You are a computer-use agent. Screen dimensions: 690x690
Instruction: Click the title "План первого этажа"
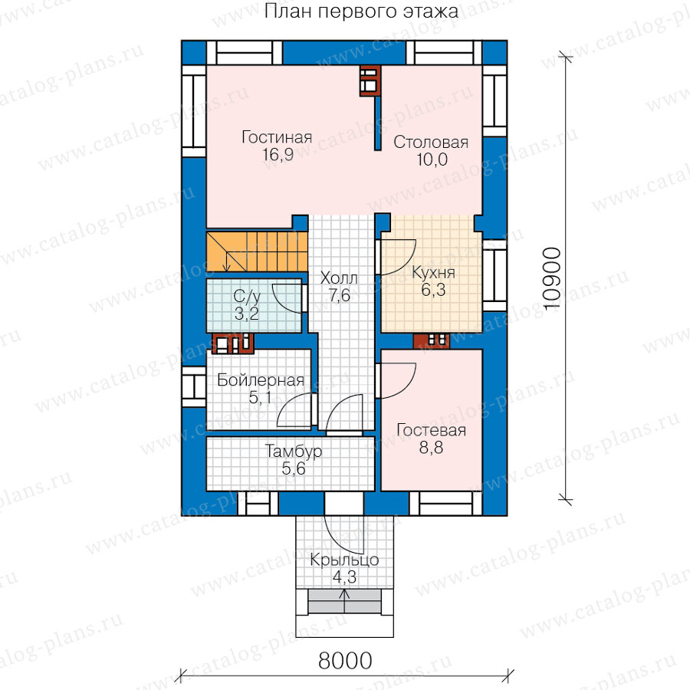[361, 11]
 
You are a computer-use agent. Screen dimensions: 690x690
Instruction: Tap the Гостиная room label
[277, 137]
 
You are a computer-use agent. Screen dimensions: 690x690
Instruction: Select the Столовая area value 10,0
[432, 159]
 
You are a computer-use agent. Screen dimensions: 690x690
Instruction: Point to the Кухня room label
[433, 272]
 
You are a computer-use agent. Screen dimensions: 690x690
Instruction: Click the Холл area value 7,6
[340, 295]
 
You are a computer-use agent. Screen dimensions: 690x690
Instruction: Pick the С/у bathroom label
[247, 297]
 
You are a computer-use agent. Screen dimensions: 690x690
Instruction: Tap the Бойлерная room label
[261, 379]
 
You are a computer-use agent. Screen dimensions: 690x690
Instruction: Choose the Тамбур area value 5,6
[294, 468]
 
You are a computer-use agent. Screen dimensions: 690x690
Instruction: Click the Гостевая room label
[431, 430]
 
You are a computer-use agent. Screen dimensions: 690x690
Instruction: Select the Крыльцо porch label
[344, 560]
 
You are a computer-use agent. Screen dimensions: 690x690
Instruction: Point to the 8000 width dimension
[345, 661]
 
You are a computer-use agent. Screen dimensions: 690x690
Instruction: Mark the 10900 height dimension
[552, 279]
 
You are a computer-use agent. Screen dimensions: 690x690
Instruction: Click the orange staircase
[257, 251]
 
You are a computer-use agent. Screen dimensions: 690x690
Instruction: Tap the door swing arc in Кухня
[407, 262]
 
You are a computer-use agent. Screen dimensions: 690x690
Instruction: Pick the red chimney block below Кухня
[431, 341]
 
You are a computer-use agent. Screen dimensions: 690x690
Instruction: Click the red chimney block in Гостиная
[370, 81]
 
